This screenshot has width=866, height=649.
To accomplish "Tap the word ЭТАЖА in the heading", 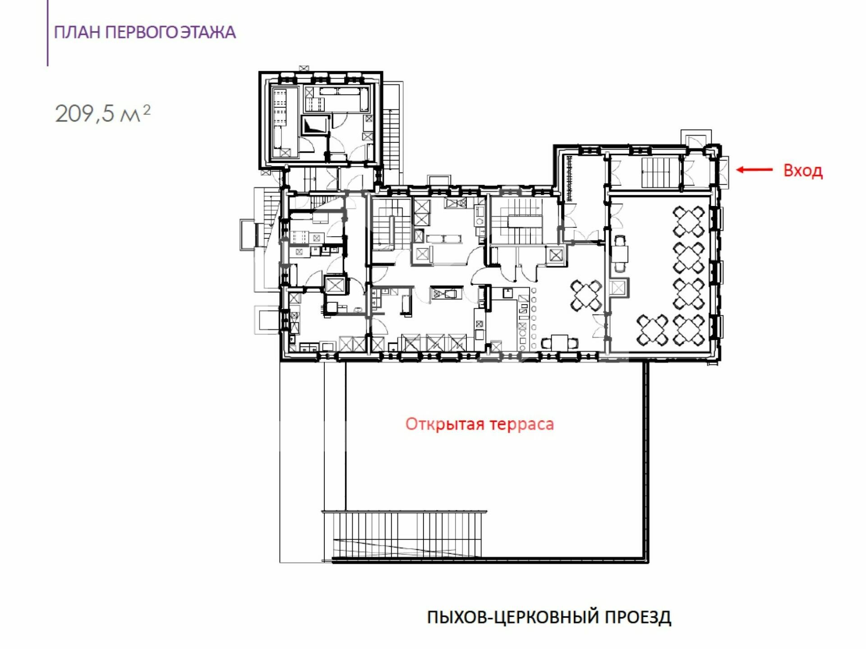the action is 208,32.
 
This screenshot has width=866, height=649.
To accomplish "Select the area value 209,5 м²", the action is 102,114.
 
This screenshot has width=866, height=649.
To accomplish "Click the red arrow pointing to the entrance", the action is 755,170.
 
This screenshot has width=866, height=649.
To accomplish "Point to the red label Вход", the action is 803,171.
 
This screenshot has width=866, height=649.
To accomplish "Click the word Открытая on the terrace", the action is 445,424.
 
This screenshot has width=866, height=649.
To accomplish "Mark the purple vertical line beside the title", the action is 47,33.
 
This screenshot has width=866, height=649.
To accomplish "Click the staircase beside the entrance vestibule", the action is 660,172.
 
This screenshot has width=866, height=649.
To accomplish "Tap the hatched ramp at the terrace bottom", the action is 404,535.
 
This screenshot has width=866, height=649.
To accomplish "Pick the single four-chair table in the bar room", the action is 586,296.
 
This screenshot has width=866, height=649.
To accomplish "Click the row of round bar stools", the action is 534,318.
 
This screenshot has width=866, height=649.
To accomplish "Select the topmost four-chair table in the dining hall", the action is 688,221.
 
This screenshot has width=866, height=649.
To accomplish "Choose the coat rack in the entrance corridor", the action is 569,178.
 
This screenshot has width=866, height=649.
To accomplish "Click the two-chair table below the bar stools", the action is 559,343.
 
